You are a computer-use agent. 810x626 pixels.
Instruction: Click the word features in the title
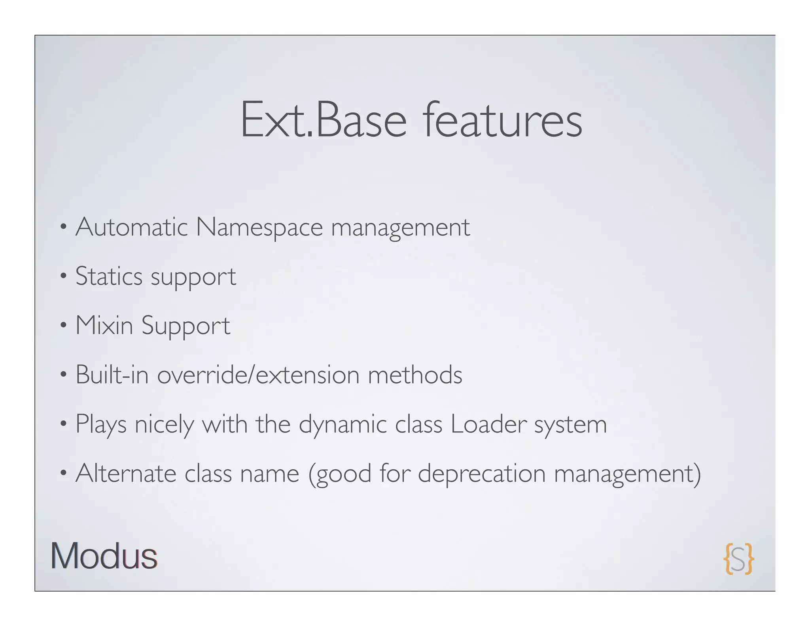(502, 120)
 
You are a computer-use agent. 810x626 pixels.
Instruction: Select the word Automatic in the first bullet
(131, 228)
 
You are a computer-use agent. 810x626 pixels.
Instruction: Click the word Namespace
(259, 228)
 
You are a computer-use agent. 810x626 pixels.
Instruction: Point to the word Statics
(109, 276)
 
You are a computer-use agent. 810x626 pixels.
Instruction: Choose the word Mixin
(104, 325)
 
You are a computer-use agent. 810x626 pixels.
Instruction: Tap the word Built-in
(112, 374)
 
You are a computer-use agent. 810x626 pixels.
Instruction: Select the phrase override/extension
(258, 374)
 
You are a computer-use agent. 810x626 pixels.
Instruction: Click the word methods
(415, 374)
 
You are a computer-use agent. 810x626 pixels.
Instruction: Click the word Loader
(488, 424)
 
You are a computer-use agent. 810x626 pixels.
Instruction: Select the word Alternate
(126, 473)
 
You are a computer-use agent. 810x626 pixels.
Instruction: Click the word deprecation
(482, 474)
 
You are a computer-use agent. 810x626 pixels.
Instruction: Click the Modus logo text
(104, 556)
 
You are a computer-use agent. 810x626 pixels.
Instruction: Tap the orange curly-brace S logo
(738, 558)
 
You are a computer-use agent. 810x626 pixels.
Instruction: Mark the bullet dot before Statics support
(63, 277)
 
